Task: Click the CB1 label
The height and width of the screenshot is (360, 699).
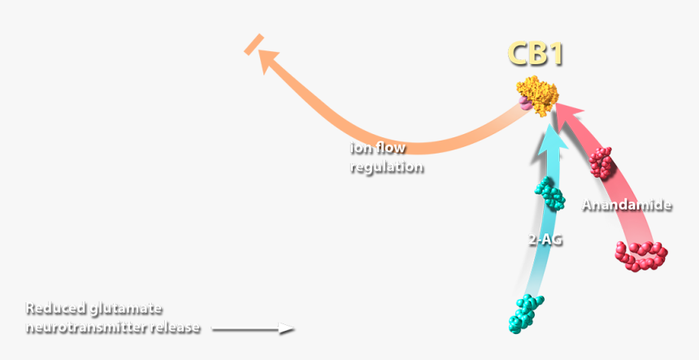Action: [536, 54]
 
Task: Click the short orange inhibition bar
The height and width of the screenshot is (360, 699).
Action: [254, 45]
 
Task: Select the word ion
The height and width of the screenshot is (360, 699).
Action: [358, 147]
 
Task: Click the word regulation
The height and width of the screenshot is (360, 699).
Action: [387, 167]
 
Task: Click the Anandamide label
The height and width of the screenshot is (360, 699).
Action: [627, 205]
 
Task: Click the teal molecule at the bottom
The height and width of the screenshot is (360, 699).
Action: [526, 313]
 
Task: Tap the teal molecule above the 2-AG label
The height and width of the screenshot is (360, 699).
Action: [550, 193]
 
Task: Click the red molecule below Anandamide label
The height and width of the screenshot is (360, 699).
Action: [641, 256]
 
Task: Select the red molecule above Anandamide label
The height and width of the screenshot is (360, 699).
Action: [601, 163]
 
